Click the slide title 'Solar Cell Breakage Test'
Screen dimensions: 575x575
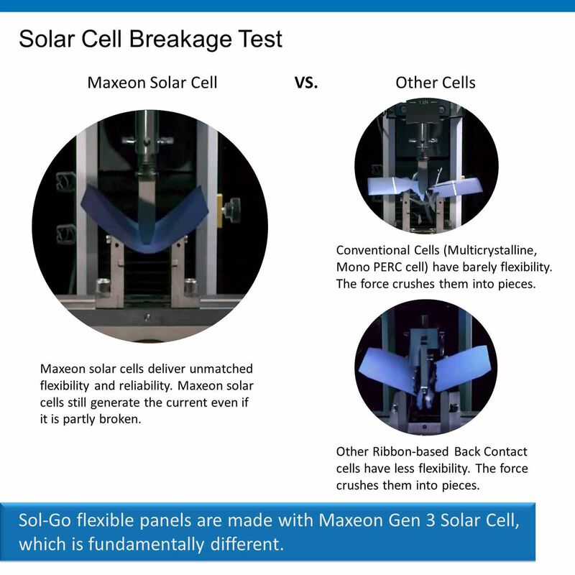(150, 39)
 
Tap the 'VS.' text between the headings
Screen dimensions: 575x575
(307, 83)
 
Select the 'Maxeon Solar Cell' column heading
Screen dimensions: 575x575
(152, 83)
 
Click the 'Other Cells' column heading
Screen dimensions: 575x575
(436, 83)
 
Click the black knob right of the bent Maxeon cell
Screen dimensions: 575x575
(231, 210)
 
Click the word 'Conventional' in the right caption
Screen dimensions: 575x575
(373, 251)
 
